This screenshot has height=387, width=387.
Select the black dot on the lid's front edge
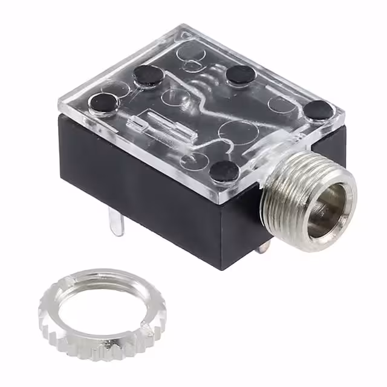pyautogui.click(x=225, y=171)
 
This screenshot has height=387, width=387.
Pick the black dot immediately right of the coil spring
pyautogui.click(x=241, y=74)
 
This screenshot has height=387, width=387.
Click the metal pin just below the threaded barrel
pyautogui.click(x=262, y=247)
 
